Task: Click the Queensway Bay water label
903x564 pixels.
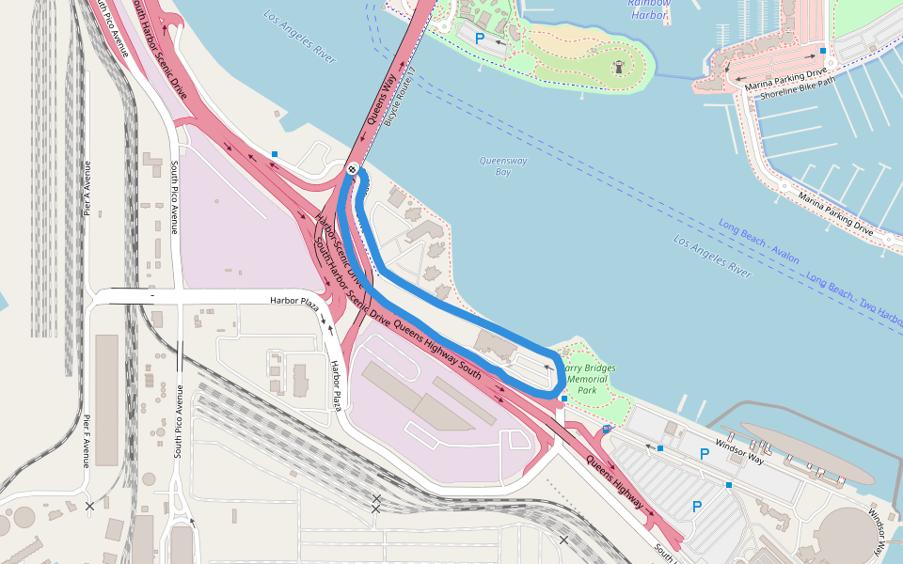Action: coord(503,166)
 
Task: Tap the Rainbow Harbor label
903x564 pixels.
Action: coord(649,8)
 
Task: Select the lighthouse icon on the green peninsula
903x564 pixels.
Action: coord(620,67)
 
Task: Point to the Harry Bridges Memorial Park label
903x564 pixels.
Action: coord(587,379)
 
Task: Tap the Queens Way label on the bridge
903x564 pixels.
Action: coord(386,106)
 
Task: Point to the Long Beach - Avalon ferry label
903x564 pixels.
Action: coord(759,243)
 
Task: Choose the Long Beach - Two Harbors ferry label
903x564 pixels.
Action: coord(851,297)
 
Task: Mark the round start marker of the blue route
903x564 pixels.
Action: coord(352,169)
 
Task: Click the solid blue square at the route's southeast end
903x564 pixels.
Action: coord(563,399)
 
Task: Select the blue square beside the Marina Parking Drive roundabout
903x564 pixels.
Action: coord(823,51)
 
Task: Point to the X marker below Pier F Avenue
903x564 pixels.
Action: coord(89,507)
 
